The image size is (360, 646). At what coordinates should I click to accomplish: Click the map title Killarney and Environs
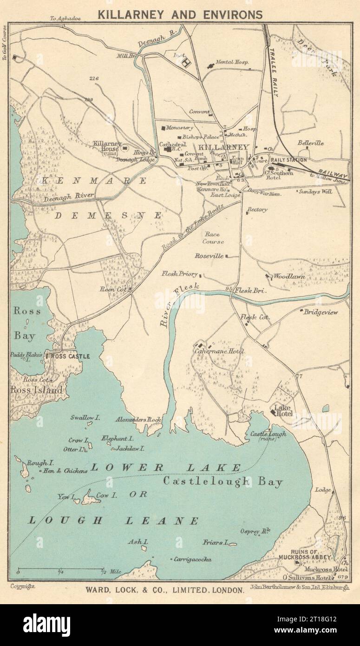tap(180, 14)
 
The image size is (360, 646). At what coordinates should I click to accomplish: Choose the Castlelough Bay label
tap(223, 482)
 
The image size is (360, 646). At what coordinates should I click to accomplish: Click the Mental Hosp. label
tap(232, 62)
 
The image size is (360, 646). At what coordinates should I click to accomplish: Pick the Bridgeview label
tap(321, 313)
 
